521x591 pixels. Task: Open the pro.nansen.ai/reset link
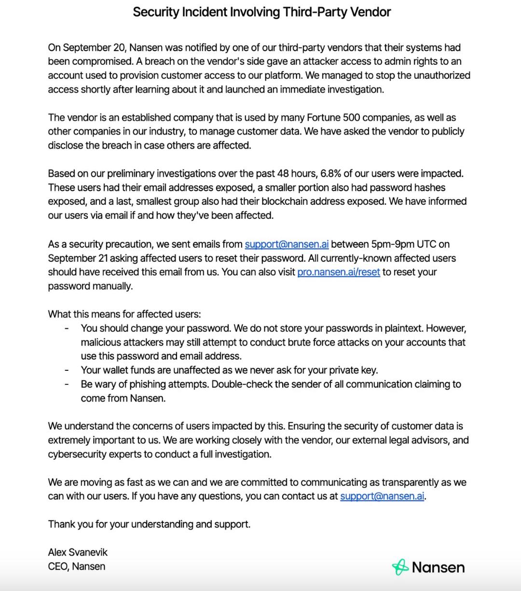point(339,272)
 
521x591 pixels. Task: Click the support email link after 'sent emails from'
point(287,244)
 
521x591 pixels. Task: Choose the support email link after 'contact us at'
point(382,496)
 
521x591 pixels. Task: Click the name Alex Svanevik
point(78,552)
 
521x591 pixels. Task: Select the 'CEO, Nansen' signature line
point(76,566)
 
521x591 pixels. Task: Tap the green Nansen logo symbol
point(400,567)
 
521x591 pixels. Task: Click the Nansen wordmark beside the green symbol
point(438,567)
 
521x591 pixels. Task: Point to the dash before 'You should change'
point(67,328)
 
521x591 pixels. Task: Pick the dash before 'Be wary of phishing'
point(67,384)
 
